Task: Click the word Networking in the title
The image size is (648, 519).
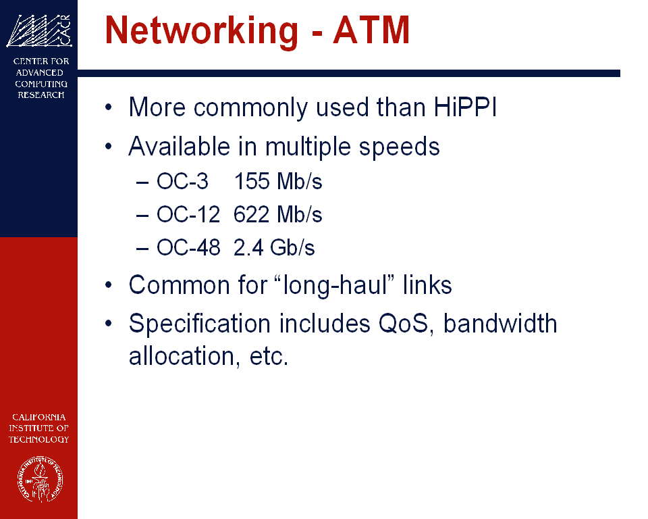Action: coord(201,31)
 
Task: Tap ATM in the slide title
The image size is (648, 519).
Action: coord(371,30)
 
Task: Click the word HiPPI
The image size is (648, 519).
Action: coord(465,107)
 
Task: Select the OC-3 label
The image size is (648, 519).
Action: coord(182,181)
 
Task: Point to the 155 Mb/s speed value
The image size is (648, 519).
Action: coord(278,181)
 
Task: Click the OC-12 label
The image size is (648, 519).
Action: coord(188,214)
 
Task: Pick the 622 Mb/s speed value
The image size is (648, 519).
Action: coord(277,214)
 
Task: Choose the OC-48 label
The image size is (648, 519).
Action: coord(188,247)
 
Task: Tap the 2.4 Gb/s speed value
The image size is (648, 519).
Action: coord(274,247)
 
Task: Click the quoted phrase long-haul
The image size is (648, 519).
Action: coord(334,285)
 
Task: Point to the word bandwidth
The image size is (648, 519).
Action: coord(500,323)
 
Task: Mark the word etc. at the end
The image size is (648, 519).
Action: coord(269,357)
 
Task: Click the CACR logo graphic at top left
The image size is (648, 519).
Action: coord(39,30)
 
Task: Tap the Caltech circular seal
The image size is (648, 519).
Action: coord(40,479)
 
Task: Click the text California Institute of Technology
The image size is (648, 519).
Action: coord(39,428)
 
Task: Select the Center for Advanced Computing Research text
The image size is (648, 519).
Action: coord(40,78)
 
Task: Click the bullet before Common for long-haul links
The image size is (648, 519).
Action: coord(109,285)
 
